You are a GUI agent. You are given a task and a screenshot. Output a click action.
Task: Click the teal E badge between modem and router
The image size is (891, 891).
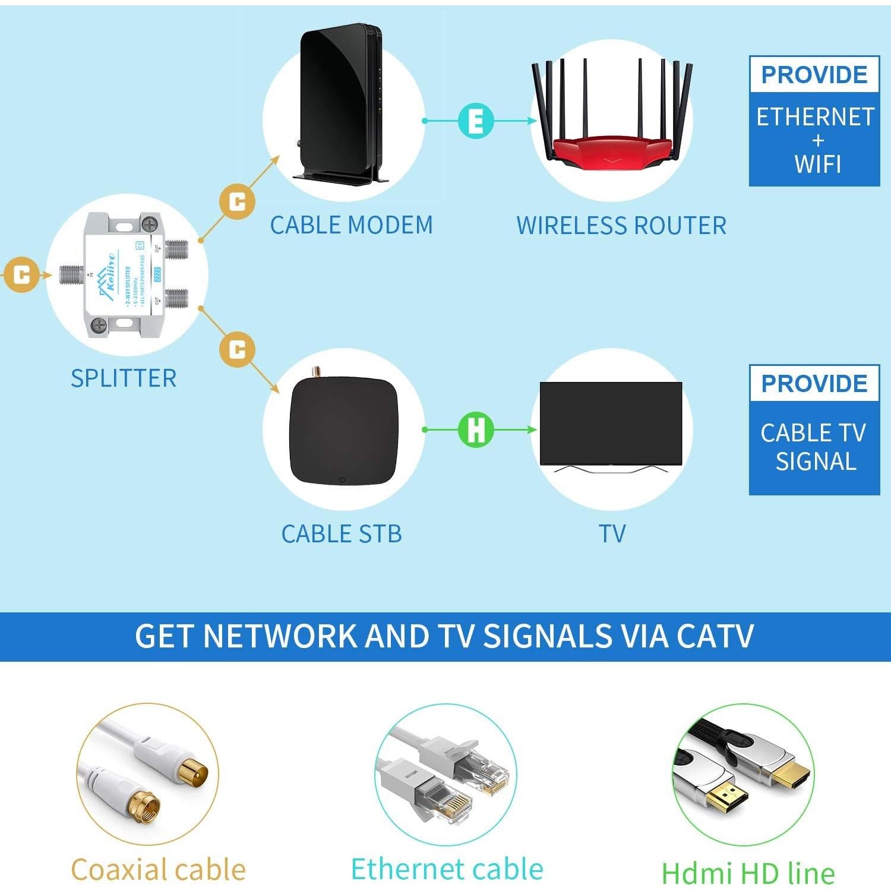point(476,121)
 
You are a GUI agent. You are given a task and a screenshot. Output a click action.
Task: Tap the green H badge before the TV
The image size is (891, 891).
point(476,429)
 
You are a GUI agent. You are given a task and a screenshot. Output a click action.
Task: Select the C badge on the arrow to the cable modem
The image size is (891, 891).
point(237,202)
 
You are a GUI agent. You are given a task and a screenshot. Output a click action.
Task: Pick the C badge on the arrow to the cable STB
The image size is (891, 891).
point(237,349)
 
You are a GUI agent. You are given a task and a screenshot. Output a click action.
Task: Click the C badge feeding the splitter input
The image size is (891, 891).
point(22,275)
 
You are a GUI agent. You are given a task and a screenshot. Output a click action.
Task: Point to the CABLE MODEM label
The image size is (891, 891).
point(351,226)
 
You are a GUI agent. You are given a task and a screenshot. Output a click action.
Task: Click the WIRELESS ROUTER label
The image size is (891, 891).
point(621,226)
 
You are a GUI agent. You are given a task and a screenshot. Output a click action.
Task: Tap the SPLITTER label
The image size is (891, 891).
point(124,378)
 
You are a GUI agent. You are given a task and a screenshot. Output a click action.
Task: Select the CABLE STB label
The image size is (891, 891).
point(342,534)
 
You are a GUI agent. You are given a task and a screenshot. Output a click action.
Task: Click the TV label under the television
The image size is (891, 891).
point(612,534)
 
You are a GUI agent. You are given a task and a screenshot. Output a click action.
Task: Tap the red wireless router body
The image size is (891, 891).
point(612,148)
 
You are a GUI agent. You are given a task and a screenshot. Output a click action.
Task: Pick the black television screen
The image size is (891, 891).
point(611,423)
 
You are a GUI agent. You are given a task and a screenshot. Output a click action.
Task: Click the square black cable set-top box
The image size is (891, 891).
point(343,429)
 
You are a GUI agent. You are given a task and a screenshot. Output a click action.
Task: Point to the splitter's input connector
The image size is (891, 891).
point(71,275)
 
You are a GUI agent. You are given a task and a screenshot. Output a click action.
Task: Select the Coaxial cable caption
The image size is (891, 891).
point(158,870)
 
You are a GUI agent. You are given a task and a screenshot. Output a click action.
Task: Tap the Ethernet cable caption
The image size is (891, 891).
point(447,869)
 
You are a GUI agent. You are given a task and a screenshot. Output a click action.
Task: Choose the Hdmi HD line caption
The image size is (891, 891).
point(748,873)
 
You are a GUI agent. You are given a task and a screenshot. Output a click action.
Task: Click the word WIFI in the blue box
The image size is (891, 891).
point(817,164)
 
